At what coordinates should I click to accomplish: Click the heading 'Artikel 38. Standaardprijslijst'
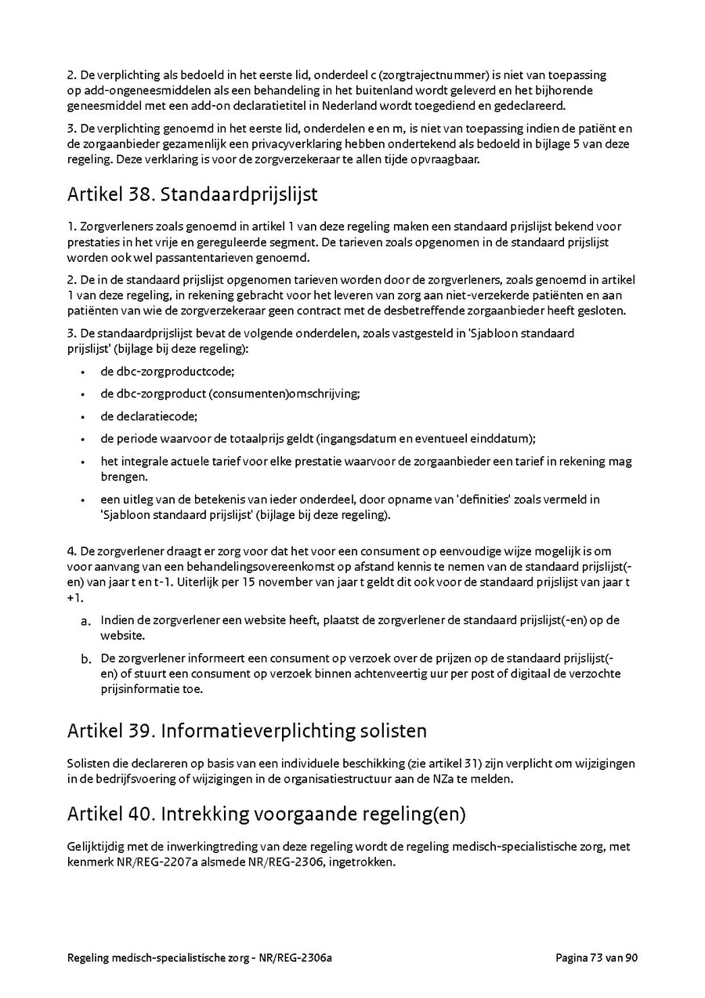(192, 193)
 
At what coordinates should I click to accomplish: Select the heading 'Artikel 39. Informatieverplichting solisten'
(247, 731)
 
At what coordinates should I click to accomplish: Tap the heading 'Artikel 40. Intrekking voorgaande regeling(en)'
(266, 814)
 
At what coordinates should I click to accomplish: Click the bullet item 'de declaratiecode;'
(149, 416)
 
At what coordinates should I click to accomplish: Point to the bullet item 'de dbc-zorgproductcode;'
(167, 372)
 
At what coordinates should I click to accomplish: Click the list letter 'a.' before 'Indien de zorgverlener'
(86, 621)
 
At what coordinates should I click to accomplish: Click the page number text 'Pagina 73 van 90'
(597, 958)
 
